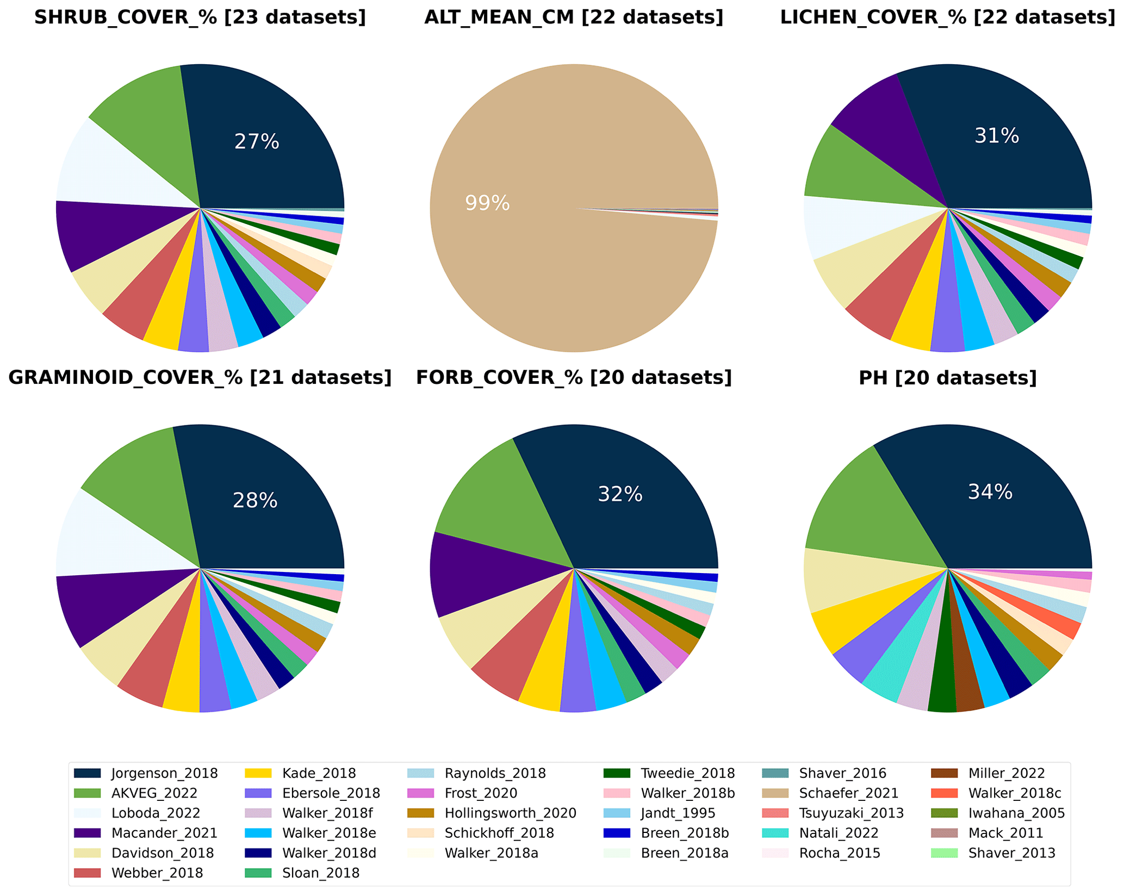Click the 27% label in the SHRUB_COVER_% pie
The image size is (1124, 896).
[x=257, y=142]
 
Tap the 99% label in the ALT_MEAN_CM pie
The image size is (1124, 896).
[x=487, y=203]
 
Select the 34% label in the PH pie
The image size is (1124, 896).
[x=990, y=492]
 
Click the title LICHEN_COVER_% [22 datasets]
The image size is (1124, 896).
[x=947, y=17]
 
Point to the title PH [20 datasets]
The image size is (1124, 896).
[x=947, y=378]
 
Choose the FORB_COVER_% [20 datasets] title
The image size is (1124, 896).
[x=574, y=378]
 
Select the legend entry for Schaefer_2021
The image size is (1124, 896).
[x=848, y=793]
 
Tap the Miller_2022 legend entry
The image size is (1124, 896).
[x=1006, y=773]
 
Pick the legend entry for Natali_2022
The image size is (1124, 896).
[x=839, y=833]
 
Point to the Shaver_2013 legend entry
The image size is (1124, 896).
[x=1011, y=853]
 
